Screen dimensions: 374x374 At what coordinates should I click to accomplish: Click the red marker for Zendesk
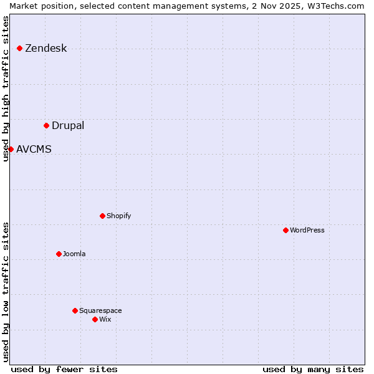pyautogui.click(x=19, y=48)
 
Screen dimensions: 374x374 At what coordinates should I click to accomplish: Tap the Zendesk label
pyautogui.click(x=46, y=49)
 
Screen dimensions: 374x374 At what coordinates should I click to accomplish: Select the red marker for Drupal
pyautogui.click(x=46, y=125)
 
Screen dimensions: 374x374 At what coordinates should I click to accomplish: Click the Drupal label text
pyautogui.click(x=67, y=126)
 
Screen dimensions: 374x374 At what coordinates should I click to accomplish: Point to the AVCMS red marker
pyautogui.click(x=11, y=149)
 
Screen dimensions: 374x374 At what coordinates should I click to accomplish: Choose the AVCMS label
pyautogui.click(x=34, y=150)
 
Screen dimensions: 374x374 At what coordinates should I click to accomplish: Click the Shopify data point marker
pyautogui.click(x=102, y=216)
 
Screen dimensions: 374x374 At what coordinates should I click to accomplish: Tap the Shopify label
pyautogui.click(x=118, y=216)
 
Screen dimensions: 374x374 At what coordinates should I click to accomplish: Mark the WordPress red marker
pyautogui.click(x=285, y=230)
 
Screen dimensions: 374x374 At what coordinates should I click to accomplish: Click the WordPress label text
pyautogui.click(x=307, y=231)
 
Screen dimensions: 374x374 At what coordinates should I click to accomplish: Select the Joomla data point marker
pyautogui.click(x=59, y=254)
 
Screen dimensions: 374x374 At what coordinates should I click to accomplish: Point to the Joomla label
pyautogui.click(x=74, y=254)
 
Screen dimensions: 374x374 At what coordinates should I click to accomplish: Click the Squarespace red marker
pyautogui.click(x=75, y=310)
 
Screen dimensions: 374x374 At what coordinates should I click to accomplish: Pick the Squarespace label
pyautogui.click(x=100, y=311)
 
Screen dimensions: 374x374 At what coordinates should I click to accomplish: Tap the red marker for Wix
pyautogui.click(x=95, y=319)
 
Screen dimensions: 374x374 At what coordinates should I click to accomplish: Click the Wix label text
pyautogui.click(x=105, y=320)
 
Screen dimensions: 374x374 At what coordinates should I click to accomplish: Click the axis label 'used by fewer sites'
pyautogui.click(x=64, y=369)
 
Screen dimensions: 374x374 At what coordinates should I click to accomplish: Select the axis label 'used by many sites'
pyautogui.click(x=313, y=369)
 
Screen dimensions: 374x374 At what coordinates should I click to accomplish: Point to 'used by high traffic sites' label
pyautogui.click(x=6, y=89)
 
